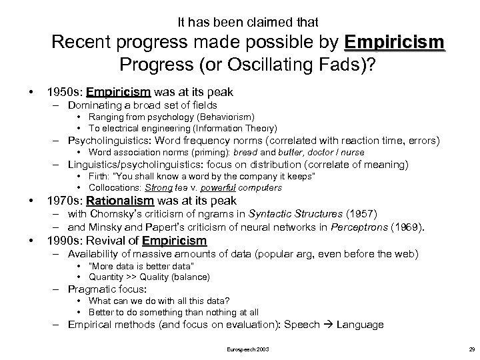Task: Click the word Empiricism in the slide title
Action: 394,43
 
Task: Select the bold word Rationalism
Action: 120,201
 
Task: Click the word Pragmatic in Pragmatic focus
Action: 94,289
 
